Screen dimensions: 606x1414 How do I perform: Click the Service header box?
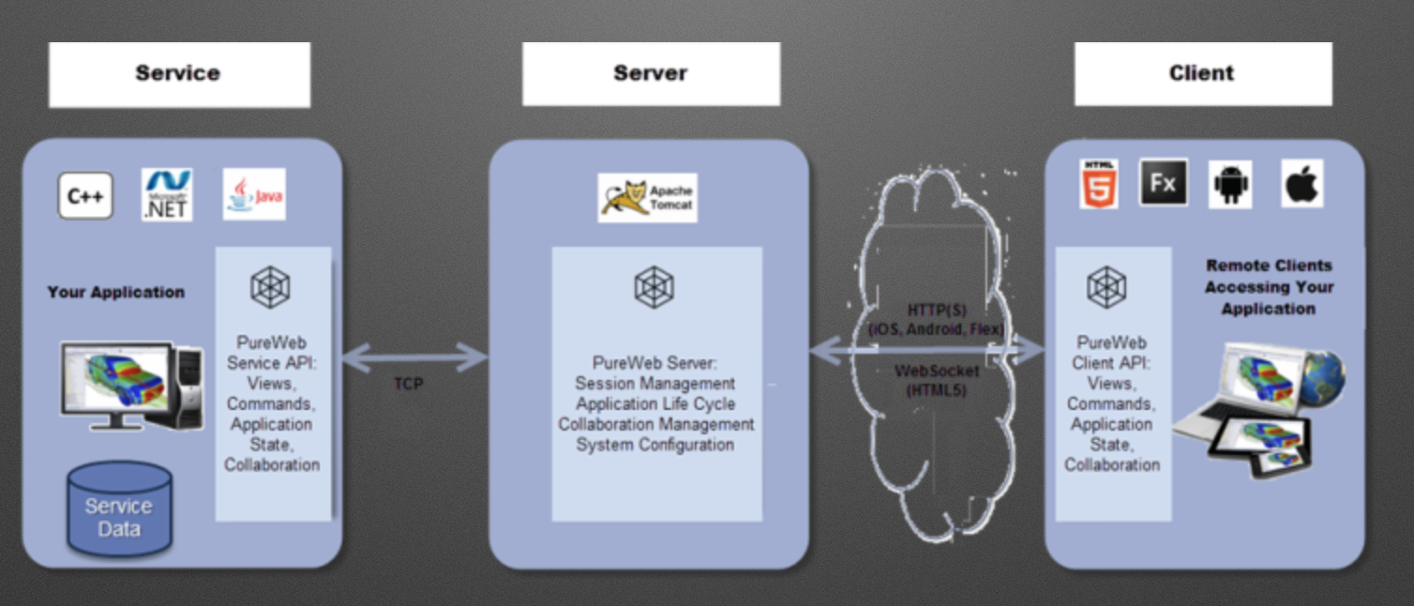pyautogui.click(x=178, y=74)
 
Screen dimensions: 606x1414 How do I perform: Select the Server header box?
pyautogui.click(x=651, y=74)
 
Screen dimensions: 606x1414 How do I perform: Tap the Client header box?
pyautogui.click(x=1202, y=74)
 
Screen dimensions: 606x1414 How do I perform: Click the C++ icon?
pyautogui.click(x=85, y=196)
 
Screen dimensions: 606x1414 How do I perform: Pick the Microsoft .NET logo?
pyautogui.click(x=167, y=194)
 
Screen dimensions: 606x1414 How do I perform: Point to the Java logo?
pyautogui.click(x=254, y=194)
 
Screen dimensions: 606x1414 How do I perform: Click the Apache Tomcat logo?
pyautogui.click(x=647, y=198)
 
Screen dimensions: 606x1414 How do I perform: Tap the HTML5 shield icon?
pyautogui.click(x=1098, y=184)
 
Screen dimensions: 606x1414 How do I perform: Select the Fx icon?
pyautogui.click(x=1163, y=183)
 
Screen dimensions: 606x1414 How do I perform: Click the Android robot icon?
pyautogui.click(x=1230, y=184)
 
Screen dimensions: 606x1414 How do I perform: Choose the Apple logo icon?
pyautogui.click(x=1301, y=184)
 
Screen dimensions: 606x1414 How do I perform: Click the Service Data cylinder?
pyautogui.click(x=119, y=508)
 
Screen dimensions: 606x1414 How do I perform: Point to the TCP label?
pyautogui.click(x=409, y=384)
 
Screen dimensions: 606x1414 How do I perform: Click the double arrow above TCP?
pyautogui.click(x=414, y=356)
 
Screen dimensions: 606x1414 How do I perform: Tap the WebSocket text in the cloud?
pyautogui.click(x=937, y=371)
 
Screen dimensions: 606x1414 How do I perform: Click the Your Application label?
pyautogui.click(x=116, y=293)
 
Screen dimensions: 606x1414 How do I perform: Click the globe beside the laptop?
pyautogui.click(x=1321, y=377)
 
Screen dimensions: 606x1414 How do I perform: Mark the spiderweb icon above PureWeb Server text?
pyautogui.click(x=654, y=287)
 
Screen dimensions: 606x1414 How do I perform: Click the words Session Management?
pyautogui.click(x=655, y=384)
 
